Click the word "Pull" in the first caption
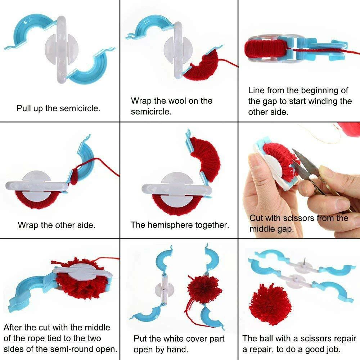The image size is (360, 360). pos(23,108)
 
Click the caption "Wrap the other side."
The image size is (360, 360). pos(57,225)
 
